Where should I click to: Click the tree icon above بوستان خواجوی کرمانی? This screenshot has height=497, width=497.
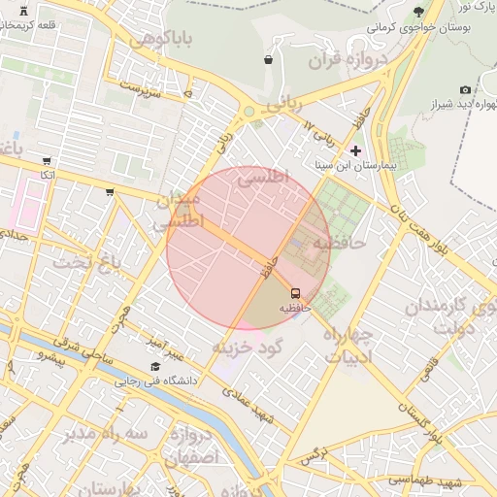[x=418, y=12]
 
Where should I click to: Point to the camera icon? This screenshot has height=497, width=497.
[x=465, y=90]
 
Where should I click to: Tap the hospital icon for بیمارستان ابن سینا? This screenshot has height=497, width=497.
[x=355, y=150]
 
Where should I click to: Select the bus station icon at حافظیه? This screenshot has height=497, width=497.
[x=294, y=292]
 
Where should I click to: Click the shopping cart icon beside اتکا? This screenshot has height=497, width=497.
[x=47, y=161]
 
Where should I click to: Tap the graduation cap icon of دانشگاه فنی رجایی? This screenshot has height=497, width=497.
[x=155, y=366]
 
